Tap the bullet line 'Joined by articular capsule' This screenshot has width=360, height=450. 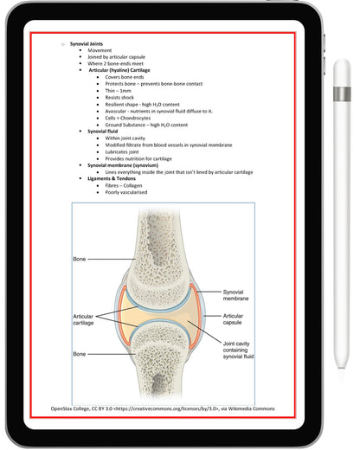[113, 56]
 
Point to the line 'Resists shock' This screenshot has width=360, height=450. [119, 98]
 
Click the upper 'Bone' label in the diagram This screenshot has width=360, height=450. [80, 259]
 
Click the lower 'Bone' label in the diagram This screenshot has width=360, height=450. [80, 354]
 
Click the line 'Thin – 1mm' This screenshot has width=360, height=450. [119, 91]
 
